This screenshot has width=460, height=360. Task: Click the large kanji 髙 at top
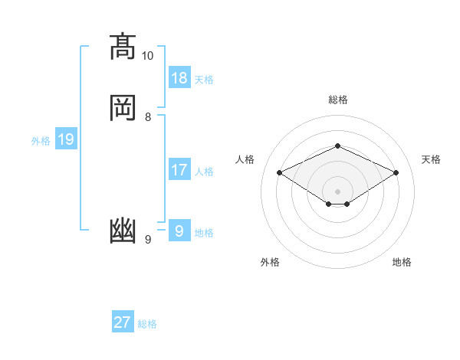(123, 47)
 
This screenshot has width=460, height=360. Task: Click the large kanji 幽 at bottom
(123, 230)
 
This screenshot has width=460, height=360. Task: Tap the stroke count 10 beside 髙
(148, 56)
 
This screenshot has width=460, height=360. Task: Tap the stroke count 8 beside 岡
(148, 116)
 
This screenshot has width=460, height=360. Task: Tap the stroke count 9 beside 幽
(148, 240)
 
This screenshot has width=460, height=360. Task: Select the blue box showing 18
(179, 78)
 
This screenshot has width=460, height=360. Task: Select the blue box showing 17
(179, 170)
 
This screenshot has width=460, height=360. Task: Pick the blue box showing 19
(66, 139)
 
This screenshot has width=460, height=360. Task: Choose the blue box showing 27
(123, 322)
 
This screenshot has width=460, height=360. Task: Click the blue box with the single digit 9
(179, 231)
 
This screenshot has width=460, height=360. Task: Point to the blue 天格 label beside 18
(204, 79)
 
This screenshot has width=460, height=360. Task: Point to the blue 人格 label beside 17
(204, 171)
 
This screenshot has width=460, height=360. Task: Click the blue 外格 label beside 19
(41, 140)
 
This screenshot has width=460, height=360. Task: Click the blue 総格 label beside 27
(147, 323)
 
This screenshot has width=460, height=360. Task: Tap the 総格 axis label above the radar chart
(337, 100)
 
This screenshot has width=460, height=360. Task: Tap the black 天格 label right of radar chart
(431, 159)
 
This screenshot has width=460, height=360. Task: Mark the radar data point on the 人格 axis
(280, 172)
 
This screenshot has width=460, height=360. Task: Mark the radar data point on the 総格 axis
(337, 146)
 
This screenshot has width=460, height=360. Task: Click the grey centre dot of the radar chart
(337, 191)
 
